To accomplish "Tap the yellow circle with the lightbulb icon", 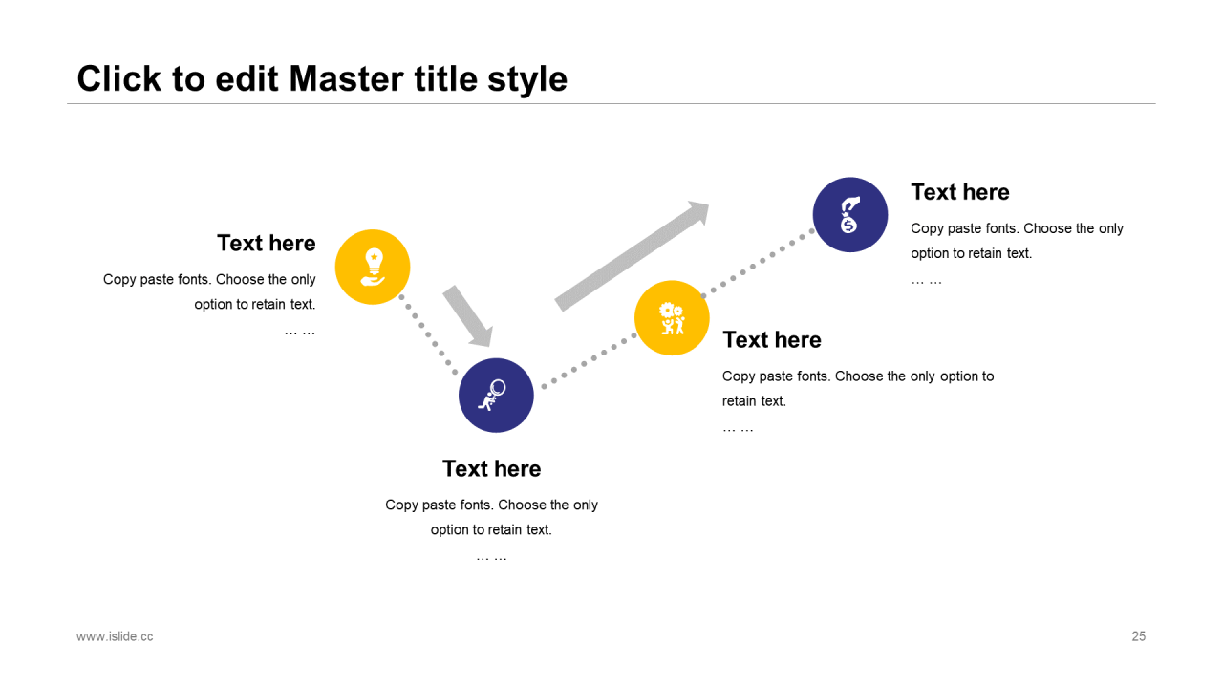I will [x=373, y=267].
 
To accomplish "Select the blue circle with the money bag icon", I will [x=850, y=215].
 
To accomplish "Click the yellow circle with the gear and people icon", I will [x=672, y=318].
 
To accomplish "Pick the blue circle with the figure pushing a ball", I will [x=496, y=396].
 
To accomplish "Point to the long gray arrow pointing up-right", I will [x=632, y=256].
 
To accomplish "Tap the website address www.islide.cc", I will [x=115, y=636].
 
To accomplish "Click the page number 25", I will [x=1138, y=636].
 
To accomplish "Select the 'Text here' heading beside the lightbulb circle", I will [x=267, y=243].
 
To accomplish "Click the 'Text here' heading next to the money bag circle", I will [x=960, y=192].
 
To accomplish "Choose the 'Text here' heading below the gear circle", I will [x=772, y=340].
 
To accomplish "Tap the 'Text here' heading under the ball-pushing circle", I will [x=492, y=469].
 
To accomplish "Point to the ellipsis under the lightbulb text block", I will [x=300, y=332].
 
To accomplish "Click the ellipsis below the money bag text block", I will [x=927, y=281].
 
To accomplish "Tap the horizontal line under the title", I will [x=611, y=103].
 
